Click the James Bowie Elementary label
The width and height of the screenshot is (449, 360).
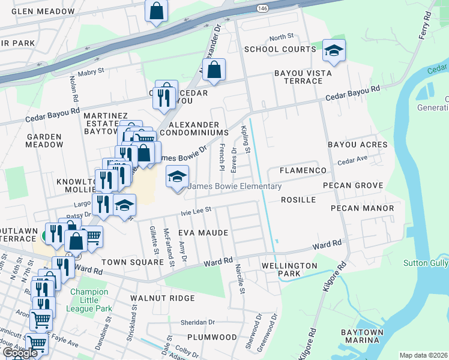point(235,187)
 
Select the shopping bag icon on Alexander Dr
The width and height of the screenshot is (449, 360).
point(214,70)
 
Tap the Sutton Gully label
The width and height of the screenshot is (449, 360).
point(426,262)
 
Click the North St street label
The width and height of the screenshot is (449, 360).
point(281,37)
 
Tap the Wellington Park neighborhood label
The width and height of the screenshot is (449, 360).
point(289,269)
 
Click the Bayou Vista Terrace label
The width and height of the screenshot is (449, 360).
point(299,77)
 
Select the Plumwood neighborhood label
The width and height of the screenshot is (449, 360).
point(212,337)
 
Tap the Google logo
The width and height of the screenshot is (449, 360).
point(20,353)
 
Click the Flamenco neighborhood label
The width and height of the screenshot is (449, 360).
point(302,171)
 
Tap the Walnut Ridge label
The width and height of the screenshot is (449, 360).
point(163,298)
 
